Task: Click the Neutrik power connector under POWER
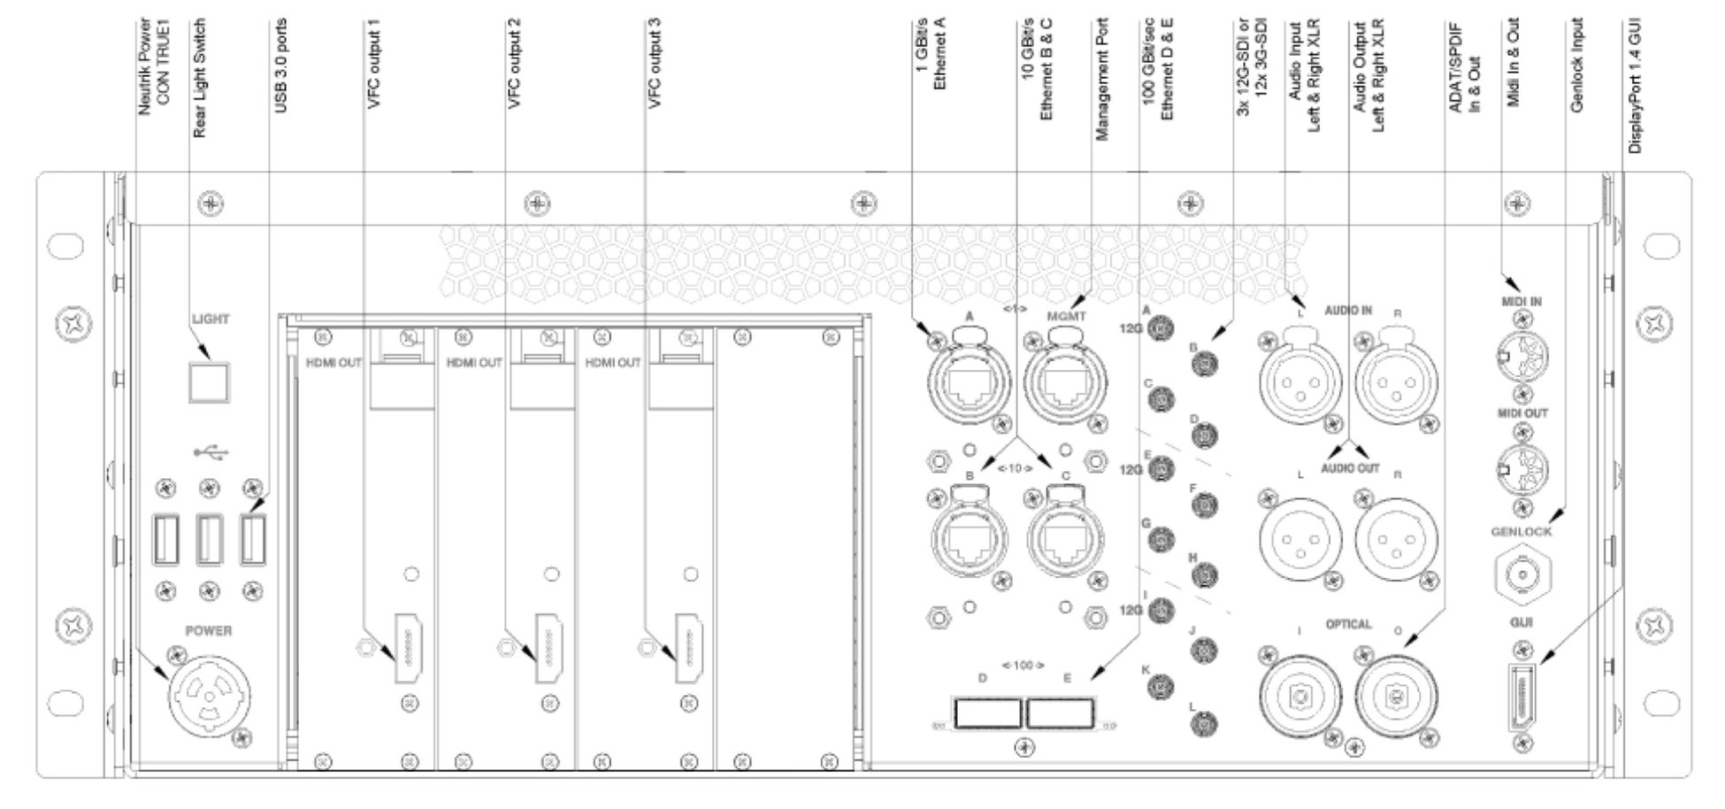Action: pos(208,691)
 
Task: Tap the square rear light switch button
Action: pos(208,381)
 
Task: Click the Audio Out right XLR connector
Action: pos(1397,537)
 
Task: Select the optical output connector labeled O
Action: pos(1397,697)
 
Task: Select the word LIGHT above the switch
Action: pos(211,320)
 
